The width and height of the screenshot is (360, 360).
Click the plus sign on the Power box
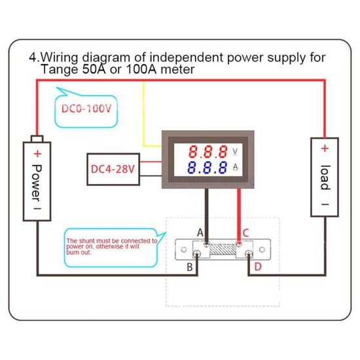(37, 154)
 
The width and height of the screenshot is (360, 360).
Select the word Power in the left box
(37, 179)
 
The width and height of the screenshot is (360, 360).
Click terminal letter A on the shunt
(200, 232)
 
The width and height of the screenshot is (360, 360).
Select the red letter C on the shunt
(246, 232)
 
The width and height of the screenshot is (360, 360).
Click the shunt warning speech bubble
(112, 246)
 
